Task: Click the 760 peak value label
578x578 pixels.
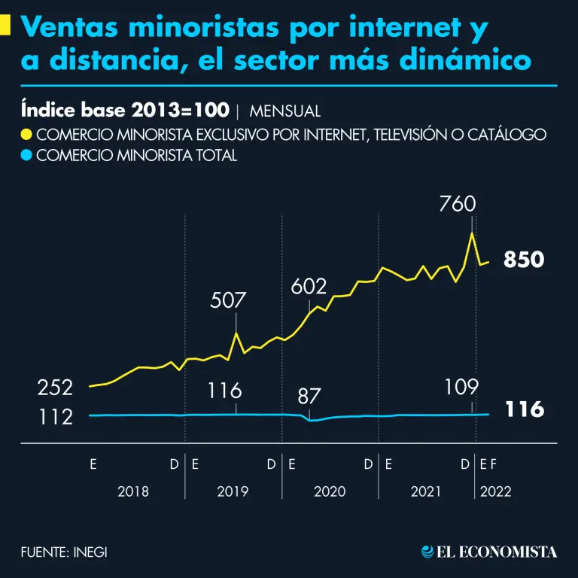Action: click(x=457, y=204)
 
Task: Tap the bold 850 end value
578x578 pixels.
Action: click(x=524, y=260)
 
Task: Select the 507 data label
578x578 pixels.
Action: click(x=228, y=300)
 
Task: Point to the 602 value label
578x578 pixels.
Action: click(x=309, y=286)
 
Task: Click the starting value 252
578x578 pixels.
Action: click(x=56, y=388)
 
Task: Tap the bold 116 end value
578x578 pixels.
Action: click(x=524, y=410)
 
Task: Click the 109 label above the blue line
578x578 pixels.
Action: click(x=461, y=387)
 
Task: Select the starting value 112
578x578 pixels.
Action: click(x=56, y=416)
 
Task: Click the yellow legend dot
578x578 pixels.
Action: click(x=27, y=135)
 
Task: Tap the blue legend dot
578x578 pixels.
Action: click(x=27, y=157)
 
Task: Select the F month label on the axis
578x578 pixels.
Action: click(x=494, y=464)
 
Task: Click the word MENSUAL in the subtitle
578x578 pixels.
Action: click(x=284, y=111)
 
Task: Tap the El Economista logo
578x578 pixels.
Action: click(x=489, y=552)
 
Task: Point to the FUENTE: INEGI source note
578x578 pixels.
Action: click(x=64, y=552)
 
